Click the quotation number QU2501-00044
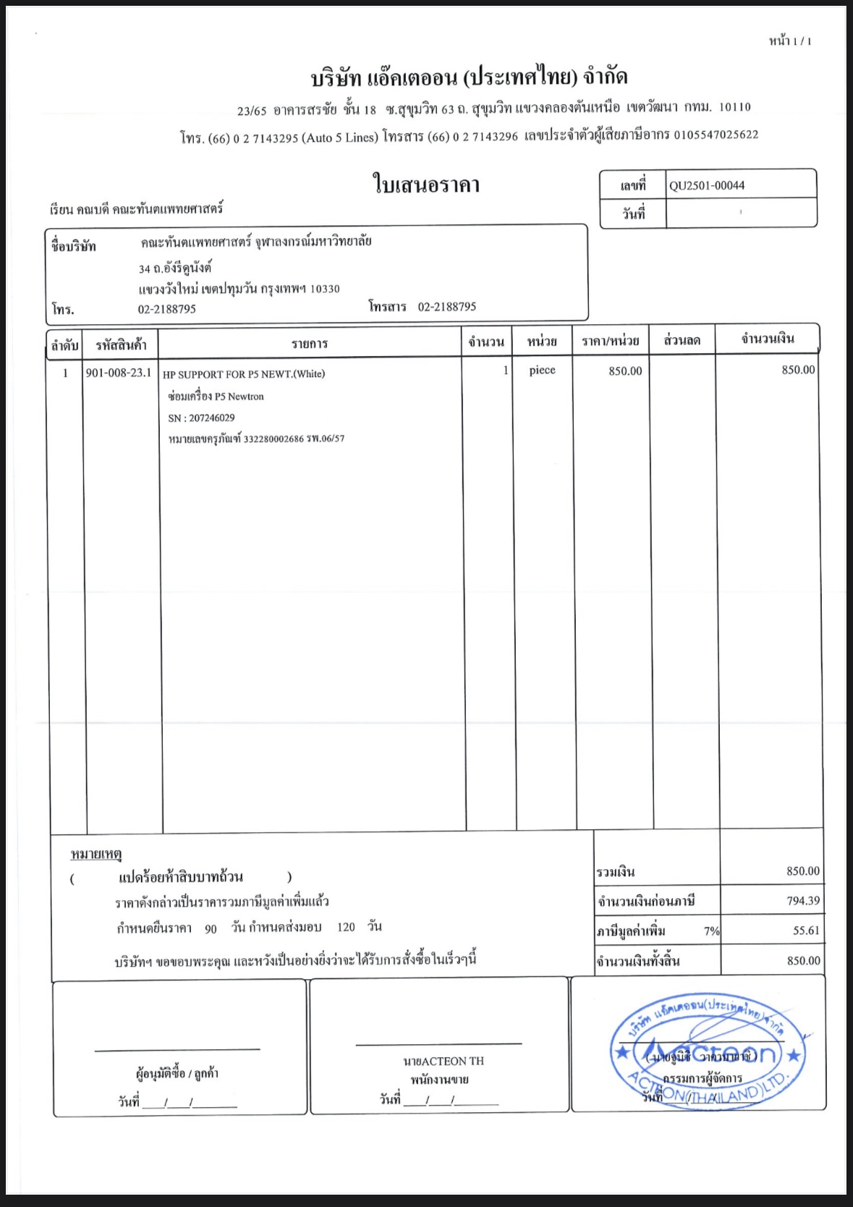click(706, 185)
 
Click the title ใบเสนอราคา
click(426, 185)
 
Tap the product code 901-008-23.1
click(119, 373)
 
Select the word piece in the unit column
click(542, 370)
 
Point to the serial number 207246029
click(211, 418)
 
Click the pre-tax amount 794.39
click(803, 901)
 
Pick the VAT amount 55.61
click(806, 931)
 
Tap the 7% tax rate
click(711, 931)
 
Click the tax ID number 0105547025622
click(716, 135)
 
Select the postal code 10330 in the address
click(325, 289)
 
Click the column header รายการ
click(310, 344)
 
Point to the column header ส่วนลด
click(682, 340)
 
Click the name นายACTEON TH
click(443, 1061)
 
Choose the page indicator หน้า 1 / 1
click(789, 41)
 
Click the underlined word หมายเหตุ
click(96, 855)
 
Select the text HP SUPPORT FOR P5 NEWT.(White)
click(244, 374)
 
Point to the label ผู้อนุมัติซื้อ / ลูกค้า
click(177, 1074)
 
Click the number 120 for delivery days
click(346, 927)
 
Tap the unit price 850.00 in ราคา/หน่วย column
click(625, 371)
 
